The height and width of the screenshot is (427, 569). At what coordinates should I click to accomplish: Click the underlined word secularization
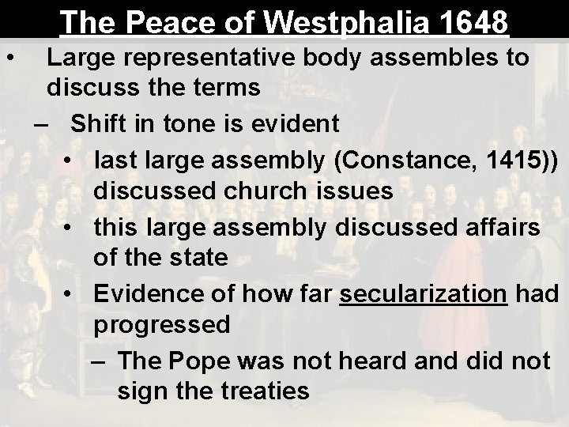(x=423, y=292)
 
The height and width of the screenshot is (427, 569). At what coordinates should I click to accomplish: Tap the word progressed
(x=162, y=324)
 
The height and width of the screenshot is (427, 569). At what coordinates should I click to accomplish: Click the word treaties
(x=258, y=391)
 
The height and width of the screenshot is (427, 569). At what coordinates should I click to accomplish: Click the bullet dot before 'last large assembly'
(x=70, y=158)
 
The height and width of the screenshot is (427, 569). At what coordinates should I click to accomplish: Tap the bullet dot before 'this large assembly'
(x=70, y=226)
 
